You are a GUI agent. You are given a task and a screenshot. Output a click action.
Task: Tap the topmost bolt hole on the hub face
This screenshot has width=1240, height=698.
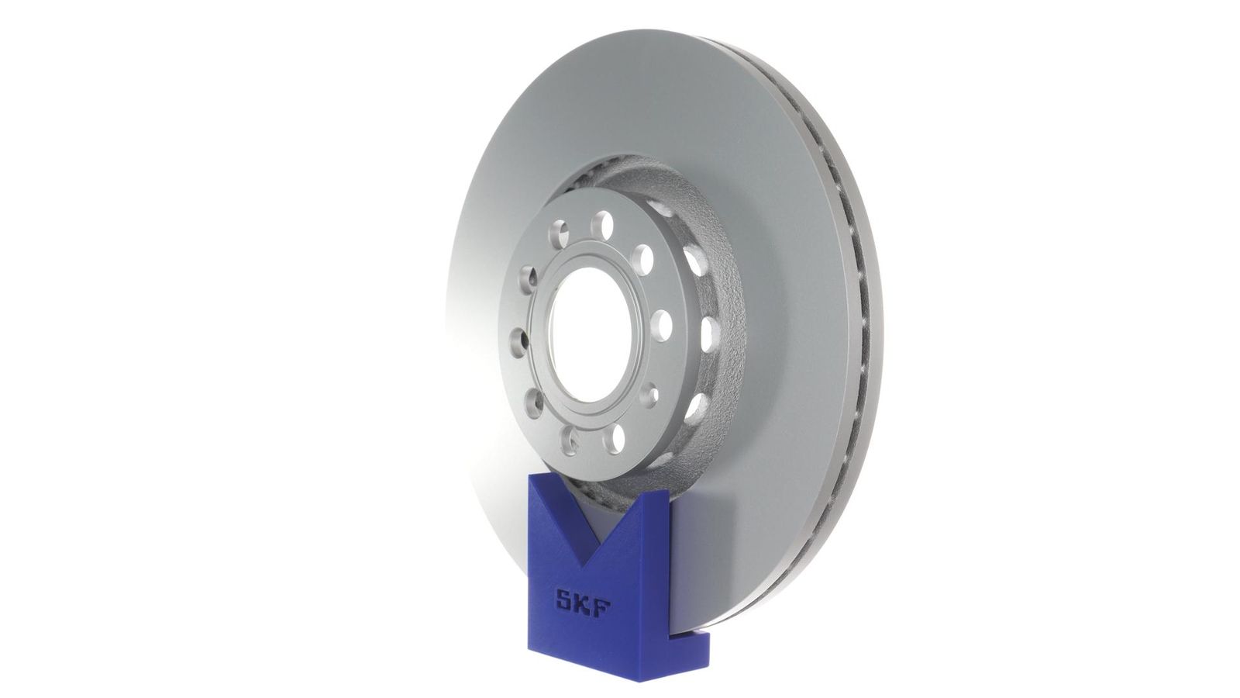[601, 224]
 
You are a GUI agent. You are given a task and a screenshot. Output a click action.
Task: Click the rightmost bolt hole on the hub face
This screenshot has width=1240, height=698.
[662, 325]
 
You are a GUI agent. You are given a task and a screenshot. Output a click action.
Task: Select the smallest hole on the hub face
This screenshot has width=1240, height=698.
[651, 395]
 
